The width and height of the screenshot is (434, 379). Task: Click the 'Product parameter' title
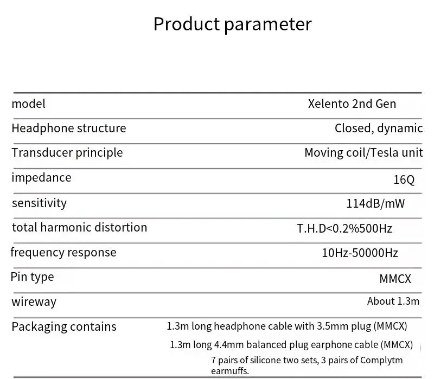[x=232, y=24]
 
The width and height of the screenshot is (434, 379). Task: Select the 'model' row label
[x=28, y=104]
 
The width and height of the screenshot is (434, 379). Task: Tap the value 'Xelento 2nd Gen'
[x=352, y=104]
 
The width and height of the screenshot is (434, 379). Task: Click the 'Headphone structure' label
[x=68, y=128]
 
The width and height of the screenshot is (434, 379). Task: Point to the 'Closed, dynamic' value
[x=378, y=129]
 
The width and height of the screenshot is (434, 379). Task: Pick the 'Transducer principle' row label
[x=67, y=153]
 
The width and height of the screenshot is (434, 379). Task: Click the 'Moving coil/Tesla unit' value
[x=363, y=153]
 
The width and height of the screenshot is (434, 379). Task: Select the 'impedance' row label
[x=41, y=178]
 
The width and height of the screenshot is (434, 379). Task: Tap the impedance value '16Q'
[x=404, y=179]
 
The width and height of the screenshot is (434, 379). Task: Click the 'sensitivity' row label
[x=39, y=203]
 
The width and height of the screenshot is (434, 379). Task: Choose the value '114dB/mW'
[x=375, y=204]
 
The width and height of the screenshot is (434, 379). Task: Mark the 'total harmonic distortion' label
[x=79, y=227]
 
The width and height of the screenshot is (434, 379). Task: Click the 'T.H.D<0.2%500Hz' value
[x=344, y=228]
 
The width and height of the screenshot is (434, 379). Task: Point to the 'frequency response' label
[x=63, y=252]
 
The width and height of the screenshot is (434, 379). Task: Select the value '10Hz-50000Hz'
[x=360, y=253]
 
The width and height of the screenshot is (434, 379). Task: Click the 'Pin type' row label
[x=32, y=277]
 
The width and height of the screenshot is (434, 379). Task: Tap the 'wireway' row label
[x=34, y=302]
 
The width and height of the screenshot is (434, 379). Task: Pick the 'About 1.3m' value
[x=393, y=301]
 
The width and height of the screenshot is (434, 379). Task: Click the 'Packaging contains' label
[x=63, y=326]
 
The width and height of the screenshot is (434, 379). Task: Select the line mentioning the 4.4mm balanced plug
[x=291, y=344]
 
